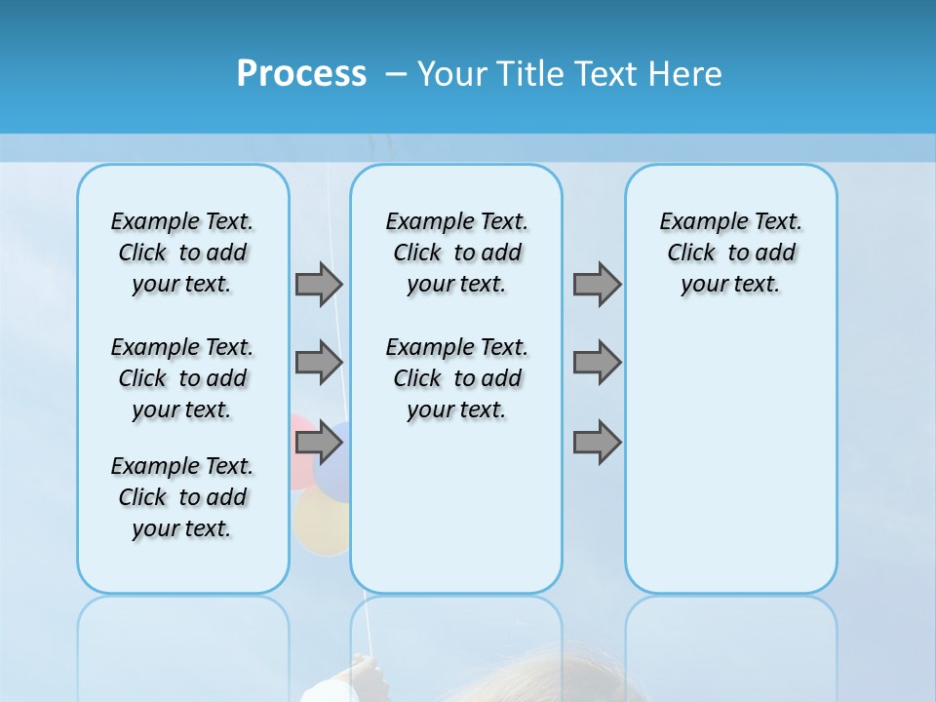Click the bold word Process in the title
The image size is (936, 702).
click(x=301, y=73)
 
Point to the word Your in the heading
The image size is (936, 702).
click(x=452, y=74)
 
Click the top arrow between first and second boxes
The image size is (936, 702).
click(x=319, y=284)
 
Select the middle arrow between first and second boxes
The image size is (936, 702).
click(x=319, y=363)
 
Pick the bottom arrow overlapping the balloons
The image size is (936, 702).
click(x=319, y=443)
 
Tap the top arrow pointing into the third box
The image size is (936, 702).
click(x=597, y=284)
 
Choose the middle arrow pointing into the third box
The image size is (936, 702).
click(x=597, y=363)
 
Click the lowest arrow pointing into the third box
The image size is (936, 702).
click(x=597, y=443)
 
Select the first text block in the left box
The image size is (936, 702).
click(x=182, y=253)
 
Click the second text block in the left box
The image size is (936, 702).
click(x=182, y=378)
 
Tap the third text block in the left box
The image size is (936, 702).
click(x=182, y=497)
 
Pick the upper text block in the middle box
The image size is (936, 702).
click(x=456, y=253)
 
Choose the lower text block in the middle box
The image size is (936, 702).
click(x=456, y=378)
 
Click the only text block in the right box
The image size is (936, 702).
click(x=730, y=253)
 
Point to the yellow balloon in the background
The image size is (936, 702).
click(x=322, y=522)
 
